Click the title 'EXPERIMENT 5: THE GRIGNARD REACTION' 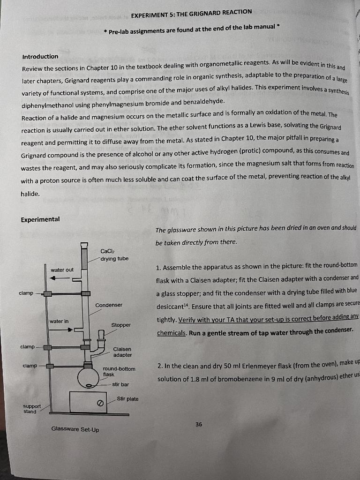(x=191, y=13)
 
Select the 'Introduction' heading (x=40, y=57)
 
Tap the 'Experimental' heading (x=40, y=219)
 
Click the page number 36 (x=199, y=424)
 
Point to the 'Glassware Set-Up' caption (x=75, y=429)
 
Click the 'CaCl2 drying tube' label (x=114, y=255)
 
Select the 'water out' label (x=62, y=270)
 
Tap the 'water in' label (x=60, y=321)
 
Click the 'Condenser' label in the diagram (x=109, y=305)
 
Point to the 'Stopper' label (x=121, y=325)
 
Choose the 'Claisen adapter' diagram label (x=122, y=352)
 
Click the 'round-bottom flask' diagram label (x=119, y=371)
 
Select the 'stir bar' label (x=120, y=384)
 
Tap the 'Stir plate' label (x=127, y=399)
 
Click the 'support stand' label (x=32, y=409)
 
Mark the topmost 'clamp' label (x=26, y=293)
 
